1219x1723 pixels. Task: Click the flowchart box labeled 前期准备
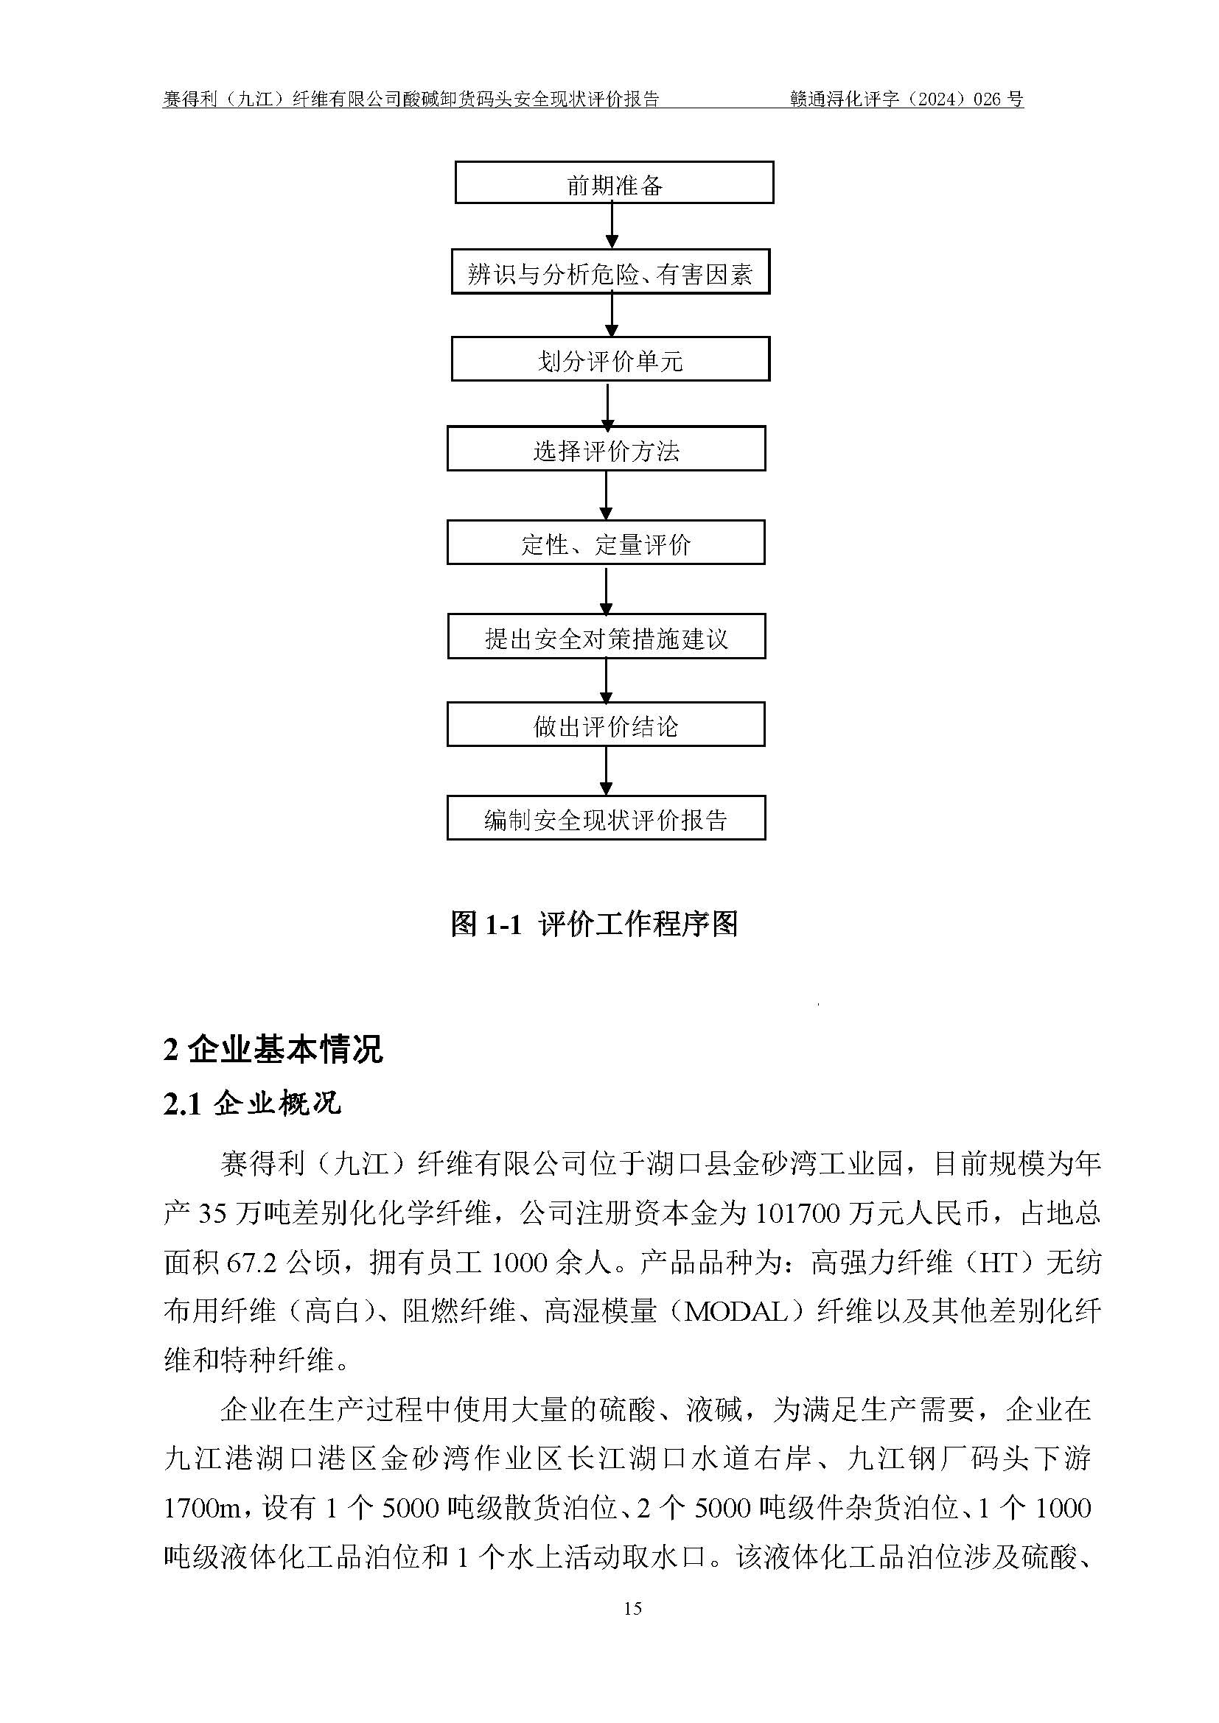click(614, 183)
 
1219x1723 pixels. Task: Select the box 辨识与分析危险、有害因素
click(610, 272)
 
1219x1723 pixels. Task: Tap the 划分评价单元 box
click(610, 359)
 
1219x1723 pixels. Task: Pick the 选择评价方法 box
click(606, 449)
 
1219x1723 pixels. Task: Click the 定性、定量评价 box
click(606, 543)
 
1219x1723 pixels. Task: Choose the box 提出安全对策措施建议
click(607, 636)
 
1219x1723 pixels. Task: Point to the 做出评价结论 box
click(606, 724)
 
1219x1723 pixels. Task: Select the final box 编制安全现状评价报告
click(606, 818)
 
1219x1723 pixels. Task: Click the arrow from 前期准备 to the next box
click(612, 226)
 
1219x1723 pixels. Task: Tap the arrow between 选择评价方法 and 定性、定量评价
click(606, 495)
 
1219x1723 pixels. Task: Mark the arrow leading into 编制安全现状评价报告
click(606, 771)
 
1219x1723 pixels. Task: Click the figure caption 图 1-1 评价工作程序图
click(594, 924)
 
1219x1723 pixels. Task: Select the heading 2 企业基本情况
click(273, 1049)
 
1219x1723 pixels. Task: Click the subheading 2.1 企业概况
click(252, 1104)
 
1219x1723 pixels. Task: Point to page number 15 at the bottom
click(632, 1608)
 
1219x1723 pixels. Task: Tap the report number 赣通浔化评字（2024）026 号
click(907, 98)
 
